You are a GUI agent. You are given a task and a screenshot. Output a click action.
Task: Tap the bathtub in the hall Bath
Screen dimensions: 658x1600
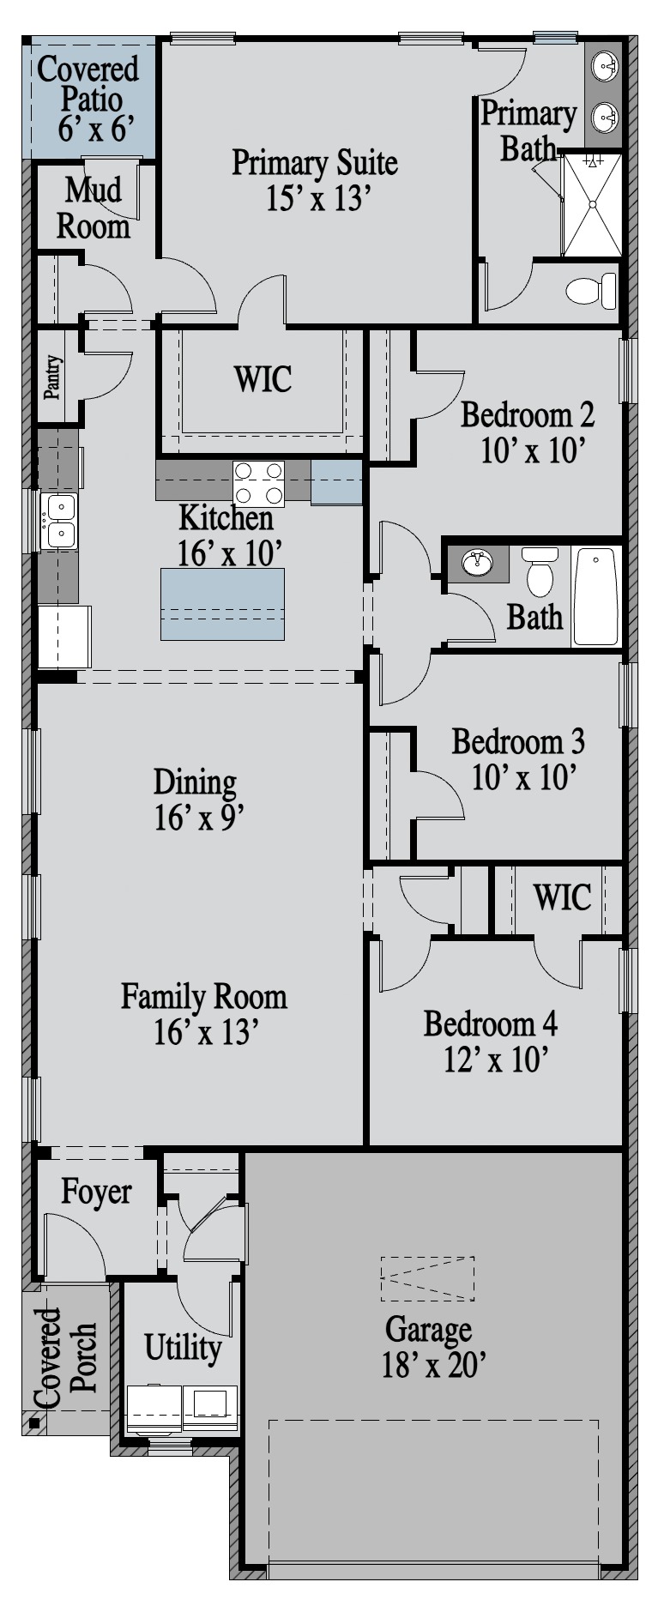click(595, 596)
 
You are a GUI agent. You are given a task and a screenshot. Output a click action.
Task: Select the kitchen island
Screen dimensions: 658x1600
click(223, 603)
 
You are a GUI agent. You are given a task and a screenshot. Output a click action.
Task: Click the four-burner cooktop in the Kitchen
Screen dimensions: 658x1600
click(259, 483)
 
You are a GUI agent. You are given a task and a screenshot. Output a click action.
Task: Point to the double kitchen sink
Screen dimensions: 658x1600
click(59, 521)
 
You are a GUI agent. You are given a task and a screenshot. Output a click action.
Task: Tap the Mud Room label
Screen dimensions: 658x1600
click(94, 208)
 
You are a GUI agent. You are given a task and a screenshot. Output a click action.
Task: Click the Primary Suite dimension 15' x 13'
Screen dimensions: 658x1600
click(317, 199)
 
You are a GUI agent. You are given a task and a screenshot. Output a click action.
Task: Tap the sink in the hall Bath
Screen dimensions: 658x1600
click(477, 563)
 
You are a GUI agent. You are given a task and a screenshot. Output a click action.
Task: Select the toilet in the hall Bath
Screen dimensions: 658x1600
click(540, 571)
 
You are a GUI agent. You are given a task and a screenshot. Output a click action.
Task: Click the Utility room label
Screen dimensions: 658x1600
click(183, 1347)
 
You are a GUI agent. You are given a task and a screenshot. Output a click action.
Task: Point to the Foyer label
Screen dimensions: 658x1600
click(96, 1192)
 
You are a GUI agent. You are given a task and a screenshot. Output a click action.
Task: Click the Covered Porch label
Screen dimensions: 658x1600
click(67, 1358)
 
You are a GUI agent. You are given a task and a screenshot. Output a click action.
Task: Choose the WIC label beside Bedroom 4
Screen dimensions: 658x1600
click(562, 897)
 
